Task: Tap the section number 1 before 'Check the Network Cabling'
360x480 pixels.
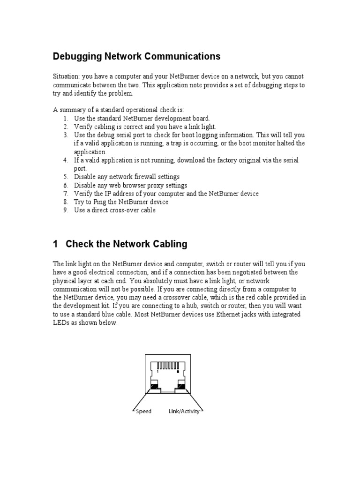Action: tap(55, 244)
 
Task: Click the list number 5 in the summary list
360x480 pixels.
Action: tap(66, 177)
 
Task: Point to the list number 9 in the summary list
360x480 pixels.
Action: tap(66, 210)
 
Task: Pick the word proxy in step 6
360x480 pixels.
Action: tap(140, 185)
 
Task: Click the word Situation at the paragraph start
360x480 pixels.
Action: tap(65, 76)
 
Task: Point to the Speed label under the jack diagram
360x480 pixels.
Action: tap(143, 412)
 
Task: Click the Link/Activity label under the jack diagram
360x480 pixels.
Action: tap(184, 412)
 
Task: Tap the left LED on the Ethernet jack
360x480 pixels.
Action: tap(154, 387)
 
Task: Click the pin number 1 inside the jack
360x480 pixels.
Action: tap(158, 371)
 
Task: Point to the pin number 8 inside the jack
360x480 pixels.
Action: tap(178, 371)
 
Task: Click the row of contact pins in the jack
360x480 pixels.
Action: tap(168, 365)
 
